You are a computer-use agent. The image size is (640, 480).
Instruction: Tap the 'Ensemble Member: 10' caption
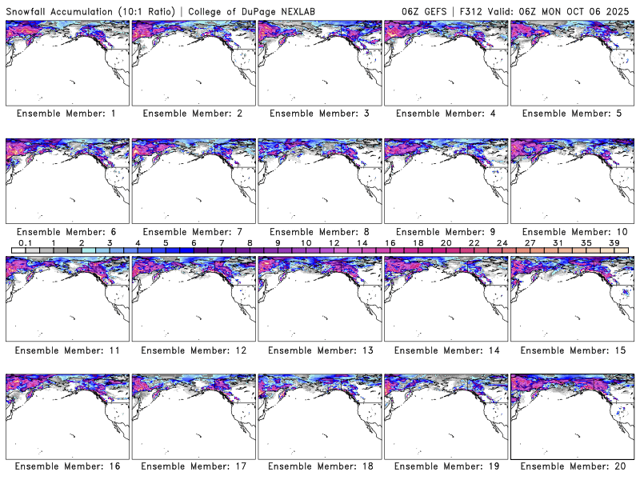pyautogui.click(x=574, y=232)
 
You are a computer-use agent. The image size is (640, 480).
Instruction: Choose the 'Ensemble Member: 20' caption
pyautogui.click(x=574, y=466)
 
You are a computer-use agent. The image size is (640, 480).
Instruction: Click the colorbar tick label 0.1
pyautogui.click(x=25, y=242)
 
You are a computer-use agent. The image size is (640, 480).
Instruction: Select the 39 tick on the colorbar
pyautogui.click(x=614, y=242)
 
